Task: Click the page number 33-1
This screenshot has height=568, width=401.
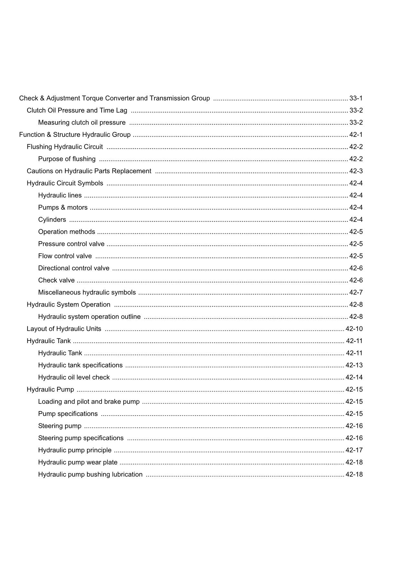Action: click(356, 98)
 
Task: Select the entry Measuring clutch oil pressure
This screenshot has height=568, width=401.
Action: click(82, 123)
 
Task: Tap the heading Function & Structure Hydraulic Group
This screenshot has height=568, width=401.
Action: click(75, 135)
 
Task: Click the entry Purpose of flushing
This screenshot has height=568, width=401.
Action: click(67, 159)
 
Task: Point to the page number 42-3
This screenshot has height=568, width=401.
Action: click(356, 171)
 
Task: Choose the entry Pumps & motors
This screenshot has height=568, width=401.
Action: click(63, 207)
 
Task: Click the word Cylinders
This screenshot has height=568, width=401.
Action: click(52, 220)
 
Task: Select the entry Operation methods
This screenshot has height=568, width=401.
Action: click(67, 232)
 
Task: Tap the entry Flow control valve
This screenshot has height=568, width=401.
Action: click(65, 256)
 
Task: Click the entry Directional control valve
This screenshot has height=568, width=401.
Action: click(74, 268)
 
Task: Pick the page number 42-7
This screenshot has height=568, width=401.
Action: click(356, 293)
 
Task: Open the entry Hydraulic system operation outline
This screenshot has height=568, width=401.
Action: click(89, 317)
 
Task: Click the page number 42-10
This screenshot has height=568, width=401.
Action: click(354, 329)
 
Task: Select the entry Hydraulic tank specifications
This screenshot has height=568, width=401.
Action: click(80, 365)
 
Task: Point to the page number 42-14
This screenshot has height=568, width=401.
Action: click(354, 377)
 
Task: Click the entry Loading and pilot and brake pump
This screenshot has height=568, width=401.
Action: click(89, 402)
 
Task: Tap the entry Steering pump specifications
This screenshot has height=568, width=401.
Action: click(81, 438)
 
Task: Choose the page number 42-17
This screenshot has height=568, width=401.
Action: click(354, 450)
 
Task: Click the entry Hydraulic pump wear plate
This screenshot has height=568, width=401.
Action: click(78, 462)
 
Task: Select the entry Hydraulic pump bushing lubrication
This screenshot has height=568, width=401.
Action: click(90, 474)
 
